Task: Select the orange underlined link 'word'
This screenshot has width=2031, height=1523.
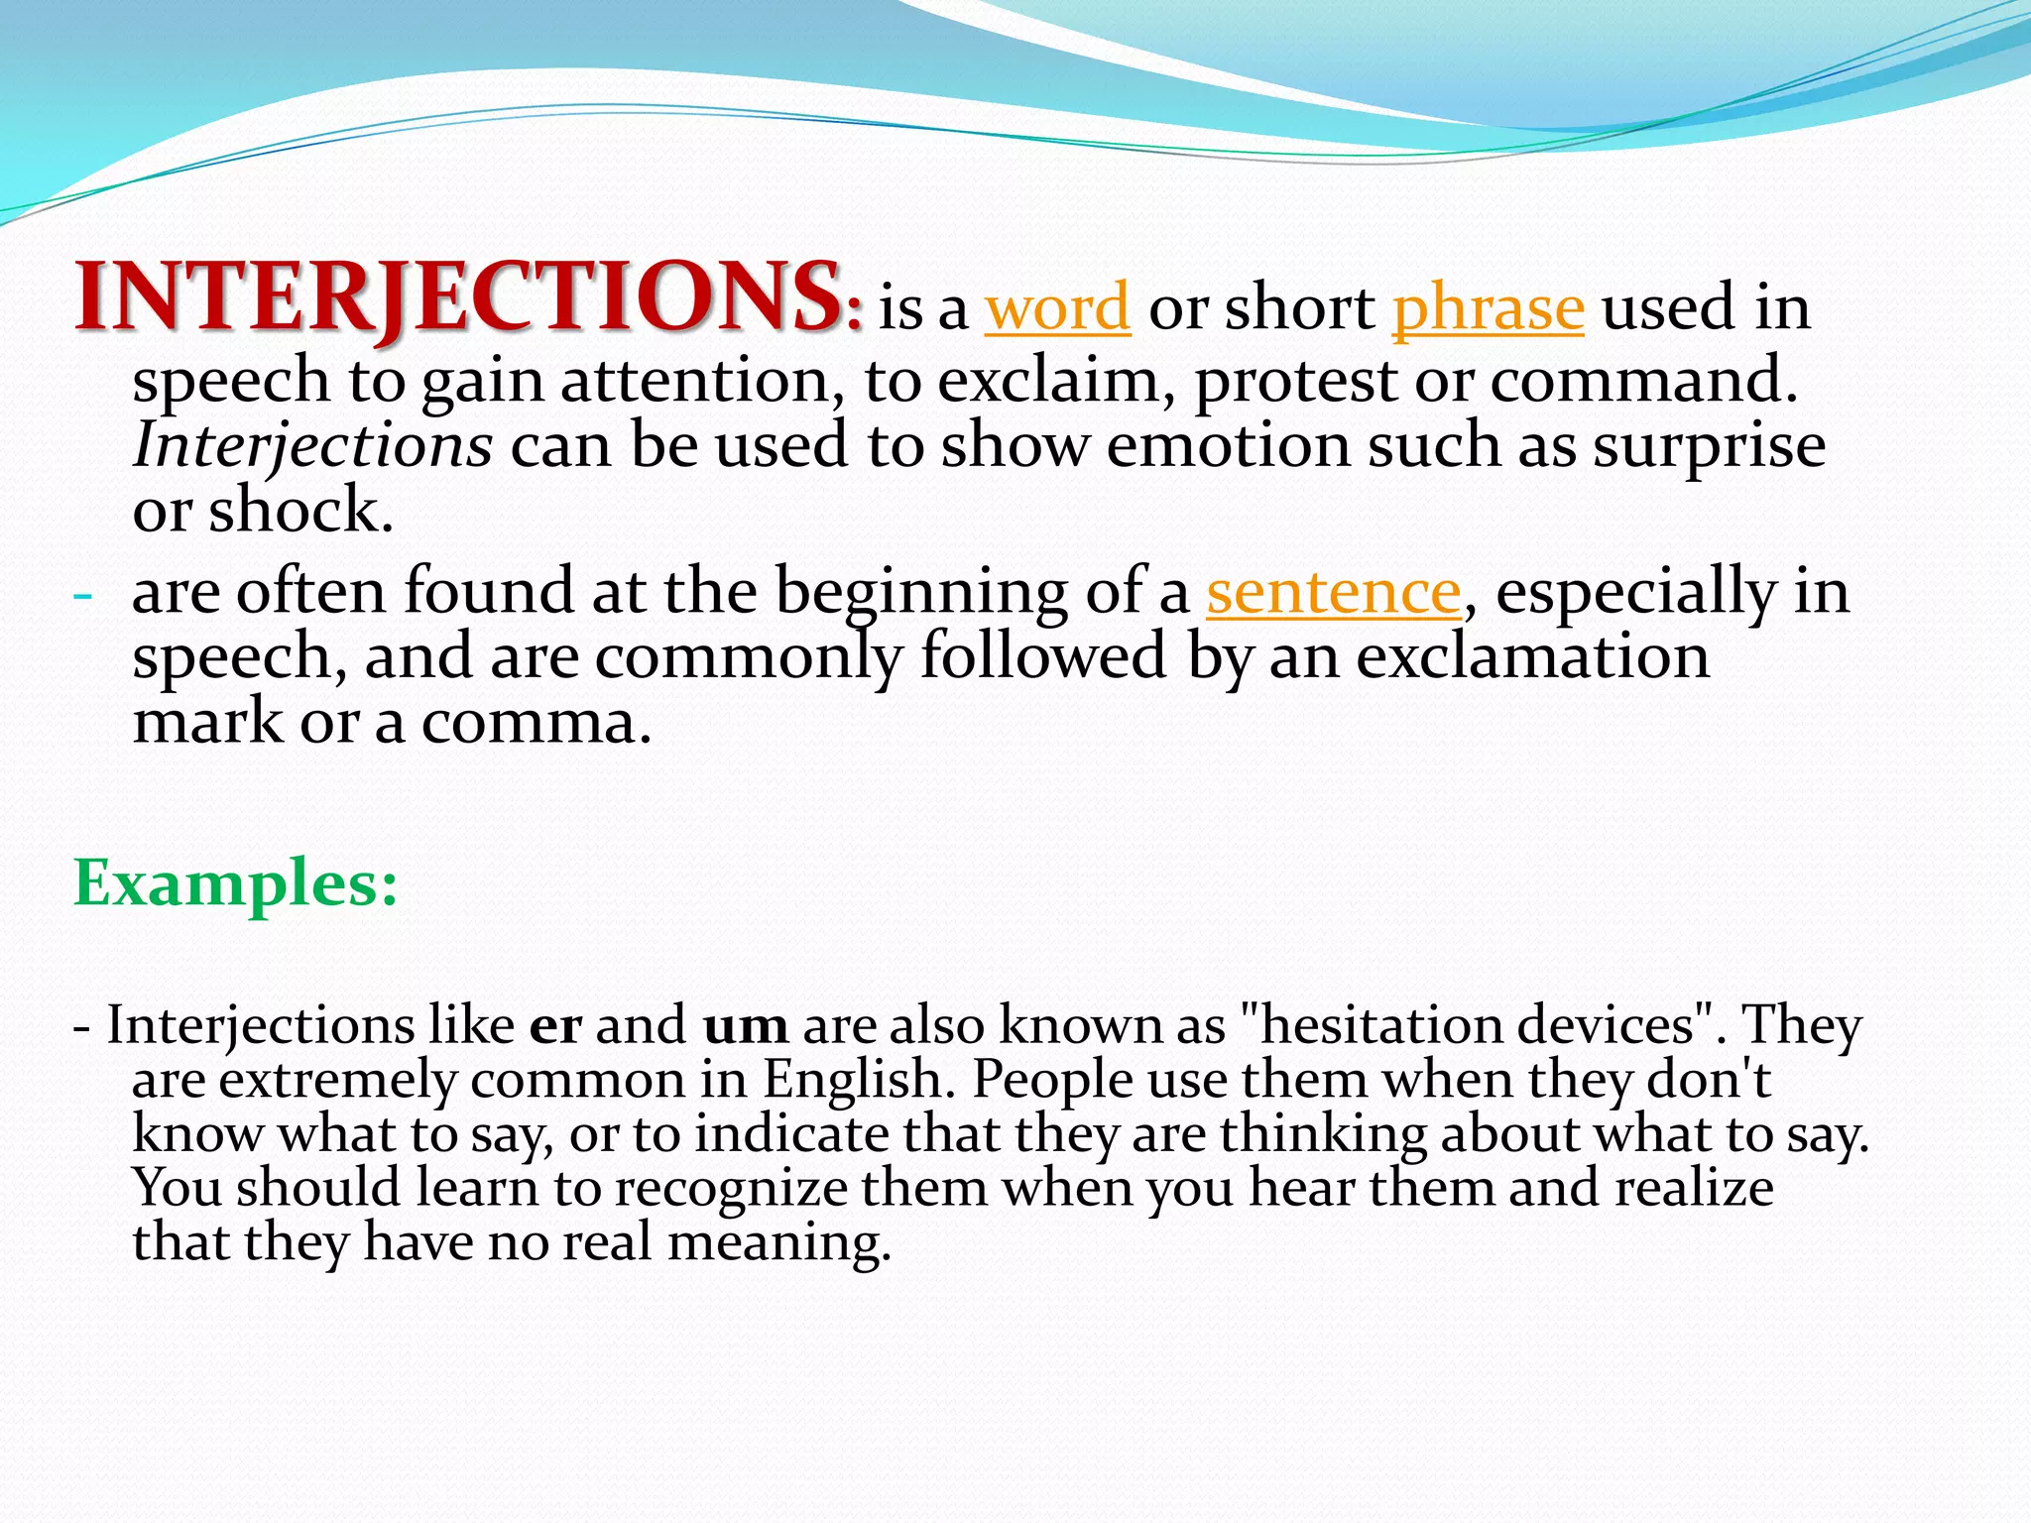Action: coord(1057,308)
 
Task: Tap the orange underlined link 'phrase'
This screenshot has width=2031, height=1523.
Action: coord(1488,308)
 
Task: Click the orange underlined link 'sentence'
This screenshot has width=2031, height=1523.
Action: coord(1333,592)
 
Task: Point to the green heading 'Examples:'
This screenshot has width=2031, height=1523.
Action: coord(236,882)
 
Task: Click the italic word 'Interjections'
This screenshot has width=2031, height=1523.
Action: coord(312,445)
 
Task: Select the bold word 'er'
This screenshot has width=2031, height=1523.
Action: coord(555,1025)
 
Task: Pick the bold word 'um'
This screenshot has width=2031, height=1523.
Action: coord(746,1025)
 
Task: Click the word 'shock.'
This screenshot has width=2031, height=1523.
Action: coord(300,511)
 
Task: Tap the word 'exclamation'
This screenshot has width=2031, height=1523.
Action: coord(1532,656)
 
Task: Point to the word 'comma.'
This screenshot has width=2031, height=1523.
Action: coord(537,722)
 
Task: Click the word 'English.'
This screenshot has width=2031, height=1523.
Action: coord(859,1079)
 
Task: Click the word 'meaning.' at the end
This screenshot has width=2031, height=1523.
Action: coord(779,1242)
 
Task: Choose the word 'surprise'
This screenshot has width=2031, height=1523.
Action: coord(1709,445)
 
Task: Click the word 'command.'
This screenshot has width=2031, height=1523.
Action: coord(1643,380)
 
